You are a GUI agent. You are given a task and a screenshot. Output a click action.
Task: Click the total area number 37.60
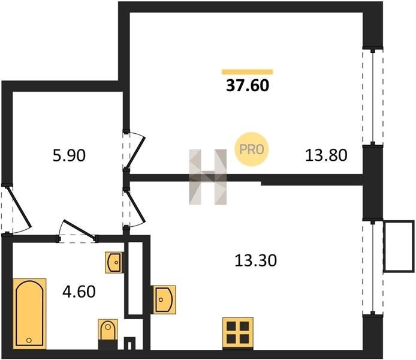(x=248, y=85)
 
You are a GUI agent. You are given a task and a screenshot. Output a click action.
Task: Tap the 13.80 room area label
(x=326, y=155)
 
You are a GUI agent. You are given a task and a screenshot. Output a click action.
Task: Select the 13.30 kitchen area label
(x=256, y=260)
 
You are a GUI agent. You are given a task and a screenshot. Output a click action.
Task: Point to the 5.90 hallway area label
(x=69, y=155)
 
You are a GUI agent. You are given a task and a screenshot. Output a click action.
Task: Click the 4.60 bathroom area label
(x=79, y=292)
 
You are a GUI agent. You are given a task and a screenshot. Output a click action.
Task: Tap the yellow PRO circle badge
(x=252, y=149)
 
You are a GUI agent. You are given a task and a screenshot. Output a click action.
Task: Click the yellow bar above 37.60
(x=248, y=71)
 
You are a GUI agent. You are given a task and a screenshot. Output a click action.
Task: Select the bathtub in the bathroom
(x=29, y=314)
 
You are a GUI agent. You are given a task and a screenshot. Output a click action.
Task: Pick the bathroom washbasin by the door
(x=114, y=263)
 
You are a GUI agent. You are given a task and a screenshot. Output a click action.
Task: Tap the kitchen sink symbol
(x=164, y=300)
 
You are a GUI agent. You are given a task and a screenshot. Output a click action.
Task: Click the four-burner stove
(x=238, y=333)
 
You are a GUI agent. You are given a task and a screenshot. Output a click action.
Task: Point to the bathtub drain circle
(x=29, y=340)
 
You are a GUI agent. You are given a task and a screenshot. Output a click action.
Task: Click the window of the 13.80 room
(x=373, y=97)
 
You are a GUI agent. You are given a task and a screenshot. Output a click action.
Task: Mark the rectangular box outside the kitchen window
(x=399, y=247)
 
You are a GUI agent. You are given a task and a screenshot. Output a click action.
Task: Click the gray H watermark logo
(x=208, y=177)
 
